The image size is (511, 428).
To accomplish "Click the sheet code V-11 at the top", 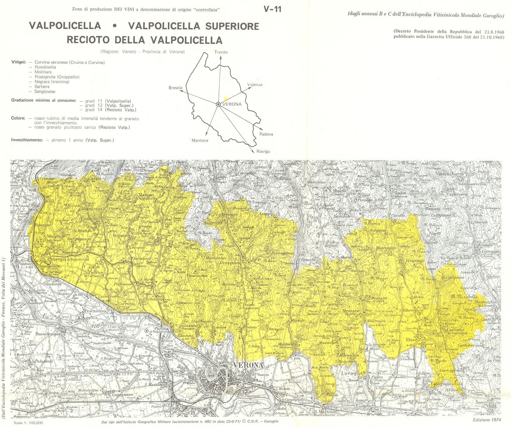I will point(272,9).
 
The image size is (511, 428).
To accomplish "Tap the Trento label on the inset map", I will point(221,52).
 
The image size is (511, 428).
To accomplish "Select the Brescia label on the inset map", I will point(176,88).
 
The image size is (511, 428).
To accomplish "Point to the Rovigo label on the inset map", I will point(263,151).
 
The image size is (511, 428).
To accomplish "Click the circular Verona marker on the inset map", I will point(218,104).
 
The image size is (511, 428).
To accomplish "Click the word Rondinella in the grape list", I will point(45,67).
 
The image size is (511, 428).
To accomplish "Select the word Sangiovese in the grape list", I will point(45,91).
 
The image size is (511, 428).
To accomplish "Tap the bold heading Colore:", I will point(18,118).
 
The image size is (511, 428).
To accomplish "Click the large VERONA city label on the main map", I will point(248,365).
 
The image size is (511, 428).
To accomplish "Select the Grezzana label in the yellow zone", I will point(229,263).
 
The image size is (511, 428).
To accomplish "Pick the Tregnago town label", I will point(415,260).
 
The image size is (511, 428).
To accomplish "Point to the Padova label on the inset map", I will point(266,134).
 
